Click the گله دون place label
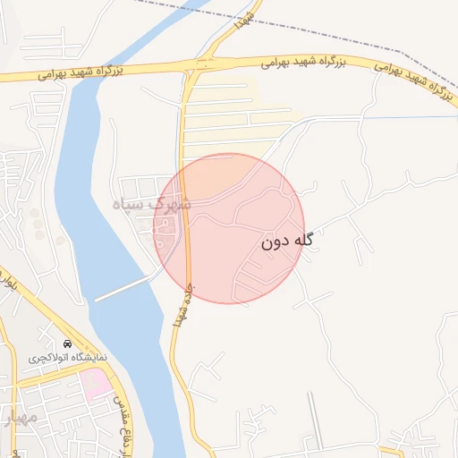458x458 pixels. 289,241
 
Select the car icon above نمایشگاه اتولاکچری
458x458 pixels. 68,343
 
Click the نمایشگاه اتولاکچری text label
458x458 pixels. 67,357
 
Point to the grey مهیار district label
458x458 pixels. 20,418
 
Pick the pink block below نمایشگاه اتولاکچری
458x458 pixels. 96,384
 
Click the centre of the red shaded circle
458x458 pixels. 229,228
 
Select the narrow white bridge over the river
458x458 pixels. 125,287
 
